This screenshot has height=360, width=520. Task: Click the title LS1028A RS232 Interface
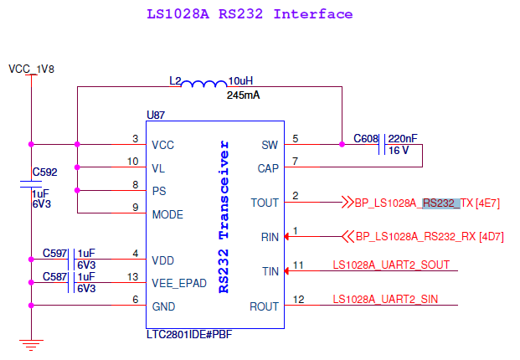250,14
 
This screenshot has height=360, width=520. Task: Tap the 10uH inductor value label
240,81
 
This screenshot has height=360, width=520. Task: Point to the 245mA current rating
243,95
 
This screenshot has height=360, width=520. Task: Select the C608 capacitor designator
366,137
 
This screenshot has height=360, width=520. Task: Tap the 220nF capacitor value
403,137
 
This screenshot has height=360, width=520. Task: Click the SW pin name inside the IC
270,144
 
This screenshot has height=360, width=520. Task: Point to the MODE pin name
167,215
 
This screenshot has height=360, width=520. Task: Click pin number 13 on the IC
133,276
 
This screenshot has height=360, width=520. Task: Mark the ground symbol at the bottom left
31,343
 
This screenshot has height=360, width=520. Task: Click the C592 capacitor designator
44,172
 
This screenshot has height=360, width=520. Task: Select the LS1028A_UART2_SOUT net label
391,265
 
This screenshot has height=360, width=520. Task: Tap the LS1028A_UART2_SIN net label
385,299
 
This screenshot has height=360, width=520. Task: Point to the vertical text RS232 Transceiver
224,217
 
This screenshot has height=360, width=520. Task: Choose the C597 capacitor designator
55,253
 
